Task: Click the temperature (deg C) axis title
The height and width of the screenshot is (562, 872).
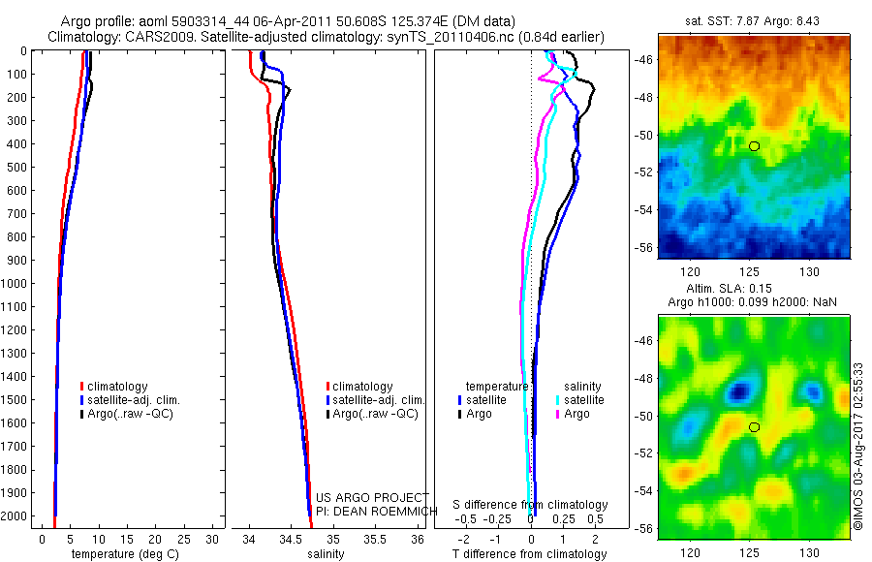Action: point(121,554)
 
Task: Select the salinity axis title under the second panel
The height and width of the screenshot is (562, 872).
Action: point(326,554)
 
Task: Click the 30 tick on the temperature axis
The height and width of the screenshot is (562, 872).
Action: point(214,538)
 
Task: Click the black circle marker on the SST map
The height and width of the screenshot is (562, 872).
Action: point(754,145)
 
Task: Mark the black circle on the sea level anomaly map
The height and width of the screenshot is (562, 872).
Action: point(754,426)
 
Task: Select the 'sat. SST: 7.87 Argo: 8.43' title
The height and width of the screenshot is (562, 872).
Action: point(753,21)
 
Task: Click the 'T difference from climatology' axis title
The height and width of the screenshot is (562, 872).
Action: point(531,554)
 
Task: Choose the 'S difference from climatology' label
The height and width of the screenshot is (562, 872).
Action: point(531,505)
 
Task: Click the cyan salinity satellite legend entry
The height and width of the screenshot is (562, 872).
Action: point(579,399)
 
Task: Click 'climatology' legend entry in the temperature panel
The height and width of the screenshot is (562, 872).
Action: point(116,387)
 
